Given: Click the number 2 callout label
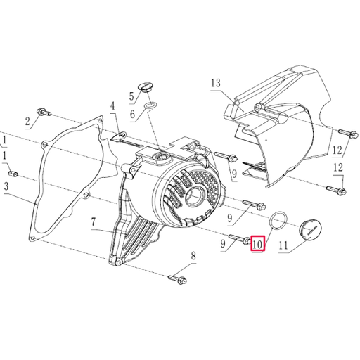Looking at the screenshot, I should [x=28, y=122].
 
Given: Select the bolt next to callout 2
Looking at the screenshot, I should [x=45, y=112].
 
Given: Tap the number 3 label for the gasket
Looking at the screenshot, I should [x=6, y=186].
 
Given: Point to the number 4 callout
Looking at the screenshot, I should [x=111, y=107].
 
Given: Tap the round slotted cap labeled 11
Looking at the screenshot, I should [x=309, y=228].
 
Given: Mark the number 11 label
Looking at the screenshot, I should [x=283, y=245].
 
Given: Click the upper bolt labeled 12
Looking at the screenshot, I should [x=342, y=133].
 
